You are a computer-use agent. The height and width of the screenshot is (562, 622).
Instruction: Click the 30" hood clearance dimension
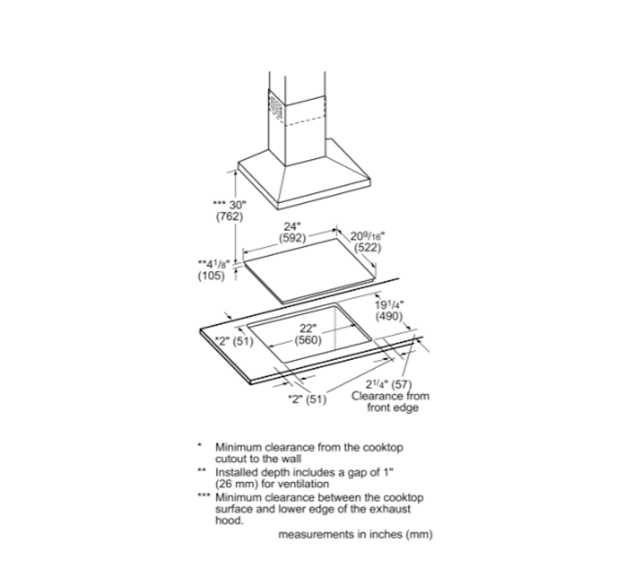tap(230, 205)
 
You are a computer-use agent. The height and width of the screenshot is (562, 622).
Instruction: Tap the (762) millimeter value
tap(230, 216)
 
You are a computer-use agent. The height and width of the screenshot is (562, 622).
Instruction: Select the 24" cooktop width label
tap(292, 226)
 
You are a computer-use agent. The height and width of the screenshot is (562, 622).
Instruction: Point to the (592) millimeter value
tap(292, 238)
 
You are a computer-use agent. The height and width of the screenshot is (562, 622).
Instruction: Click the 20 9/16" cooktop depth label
tap(367, 236)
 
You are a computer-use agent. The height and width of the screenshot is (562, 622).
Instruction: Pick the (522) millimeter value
tap(367, 248)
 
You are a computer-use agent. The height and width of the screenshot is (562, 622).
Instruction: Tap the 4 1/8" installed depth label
tap(214, 264)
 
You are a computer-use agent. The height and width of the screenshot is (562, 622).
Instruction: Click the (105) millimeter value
tap(211, 276)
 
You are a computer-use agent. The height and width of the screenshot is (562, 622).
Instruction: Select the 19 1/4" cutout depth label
tap(389, 305)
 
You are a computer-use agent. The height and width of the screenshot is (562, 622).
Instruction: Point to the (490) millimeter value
tap(389, 317)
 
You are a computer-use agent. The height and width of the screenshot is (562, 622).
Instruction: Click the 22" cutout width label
tap(308, 328)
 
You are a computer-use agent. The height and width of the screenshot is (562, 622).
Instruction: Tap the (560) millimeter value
tap(308, 340)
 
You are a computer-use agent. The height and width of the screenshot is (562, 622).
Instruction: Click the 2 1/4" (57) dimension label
tap(389, 385)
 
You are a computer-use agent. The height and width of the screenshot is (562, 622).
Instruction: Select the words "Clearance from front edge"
tap(391, 402)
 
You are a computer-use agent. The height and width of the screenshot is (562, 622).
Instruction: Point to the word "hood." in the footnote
tap(230, 520)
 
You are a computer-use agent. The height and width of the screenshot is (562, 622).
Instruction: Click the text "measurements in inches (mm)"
tap(356, 534)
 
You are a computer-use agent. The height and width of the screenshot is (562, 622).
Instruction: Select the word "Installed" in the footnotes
tap(236, 472)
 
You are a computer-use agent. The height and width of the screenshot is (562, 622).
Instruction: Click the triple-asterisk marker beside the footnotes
tap(204, 496)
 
